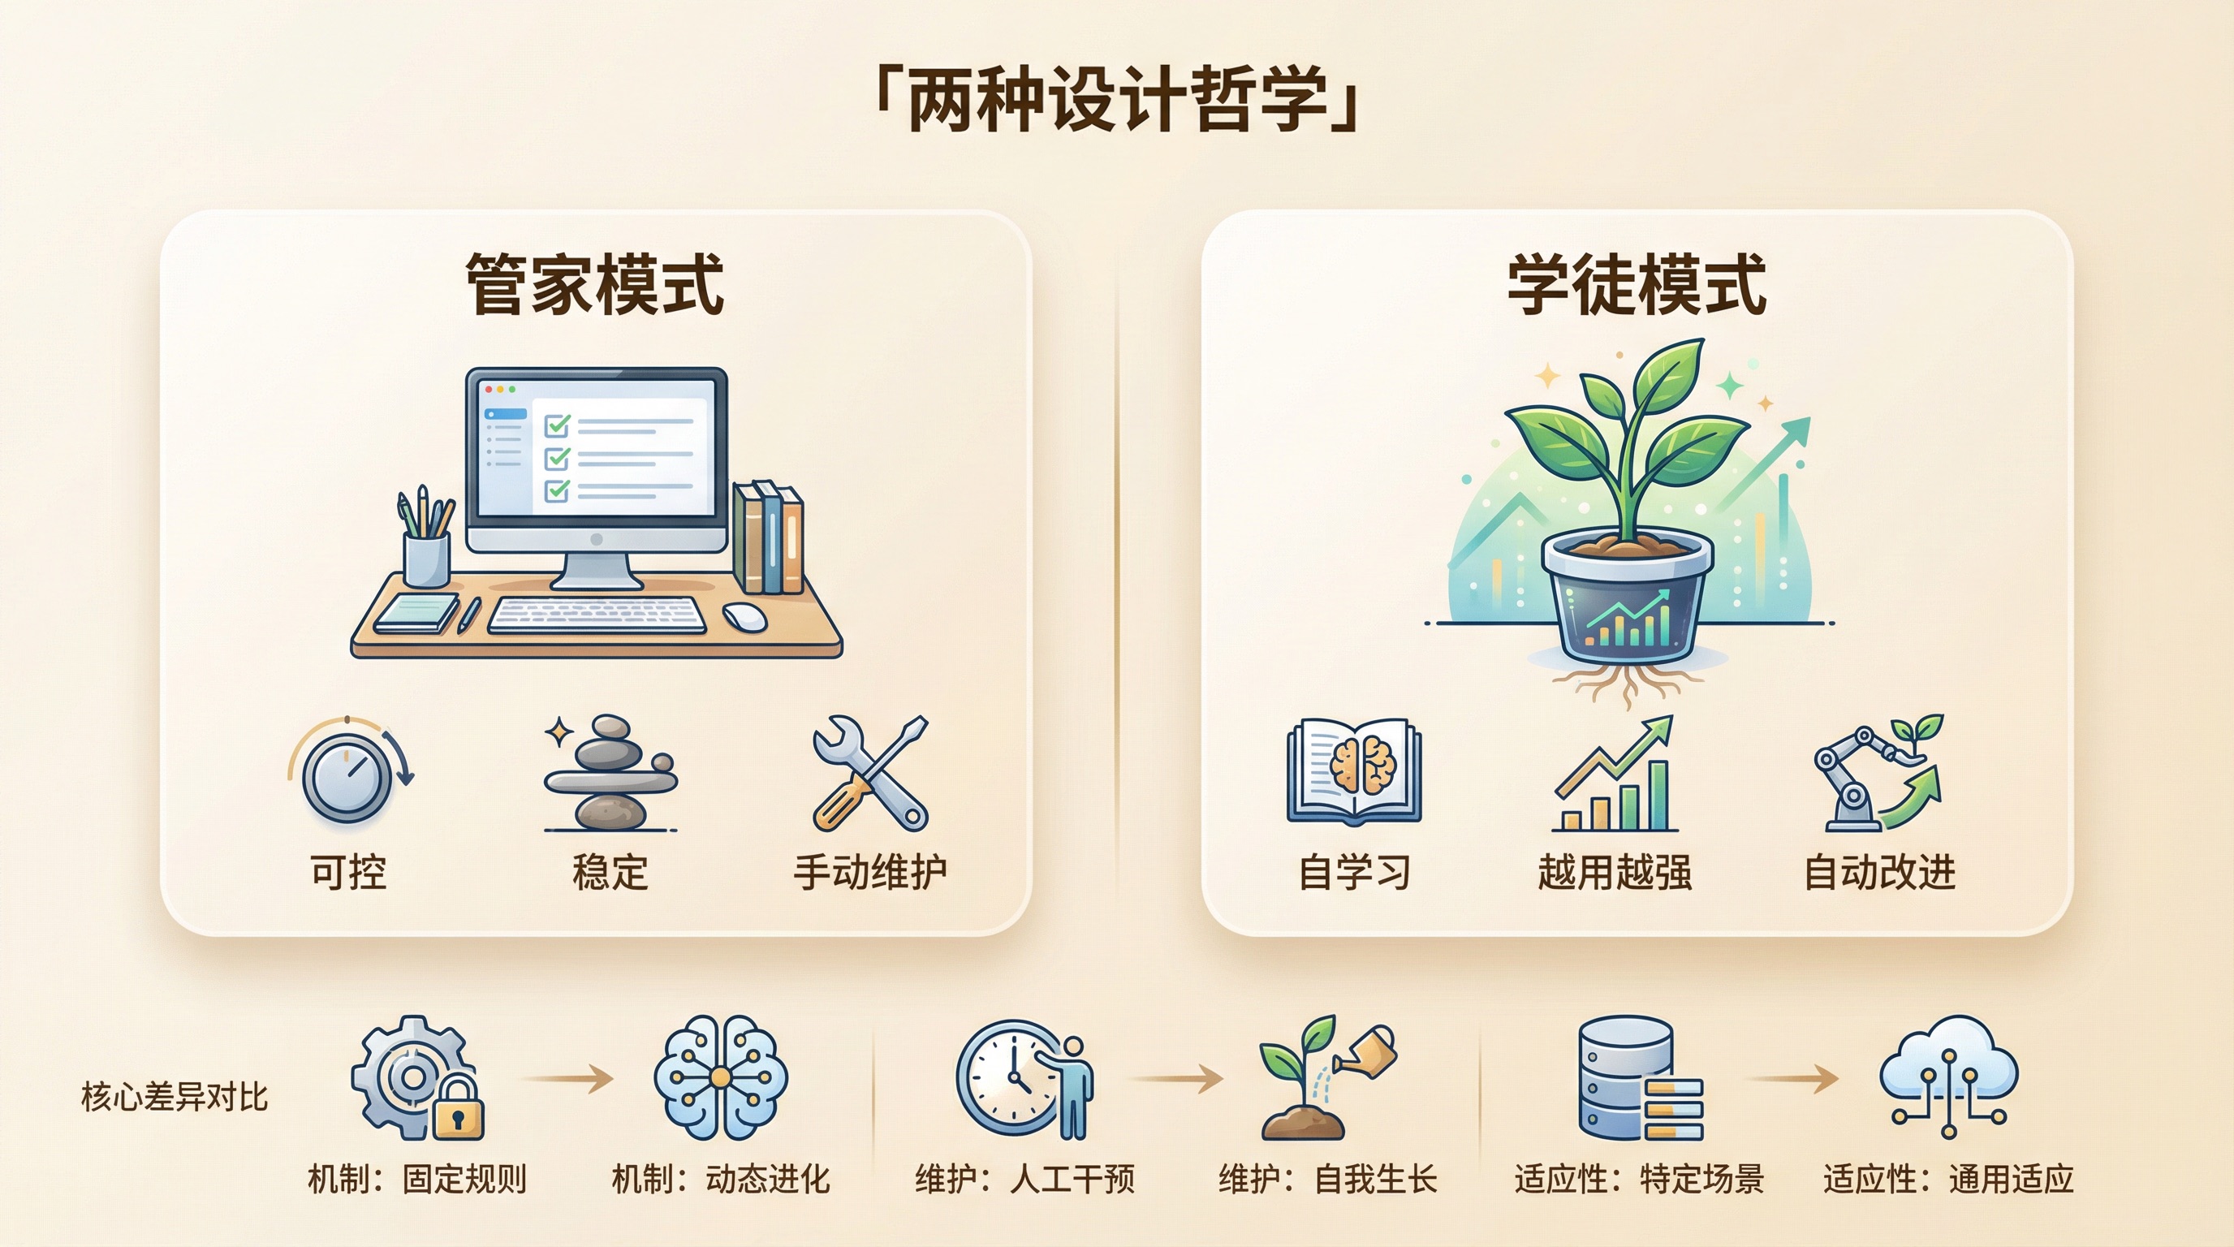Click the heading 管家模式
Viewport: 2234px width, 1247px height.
(x=595, y=283)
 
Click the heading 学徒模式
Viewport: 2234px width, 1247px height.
(x=1637, y=283)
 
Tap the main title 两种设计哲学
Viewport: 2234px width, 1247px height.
(x=1117, y=100)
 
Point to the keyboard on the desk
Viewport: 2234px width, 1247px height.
(x=597, y=615)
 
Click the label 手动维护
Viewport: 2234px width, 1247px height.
(x=870, y=871)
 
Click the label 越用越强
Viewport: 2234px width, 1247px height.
(x=1615, y=871)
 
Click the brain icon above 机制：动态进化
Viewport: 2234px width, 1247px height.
(x=721, y=1077)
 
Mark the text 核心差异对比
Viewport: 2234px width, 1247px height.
(x=175, y=1097)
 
